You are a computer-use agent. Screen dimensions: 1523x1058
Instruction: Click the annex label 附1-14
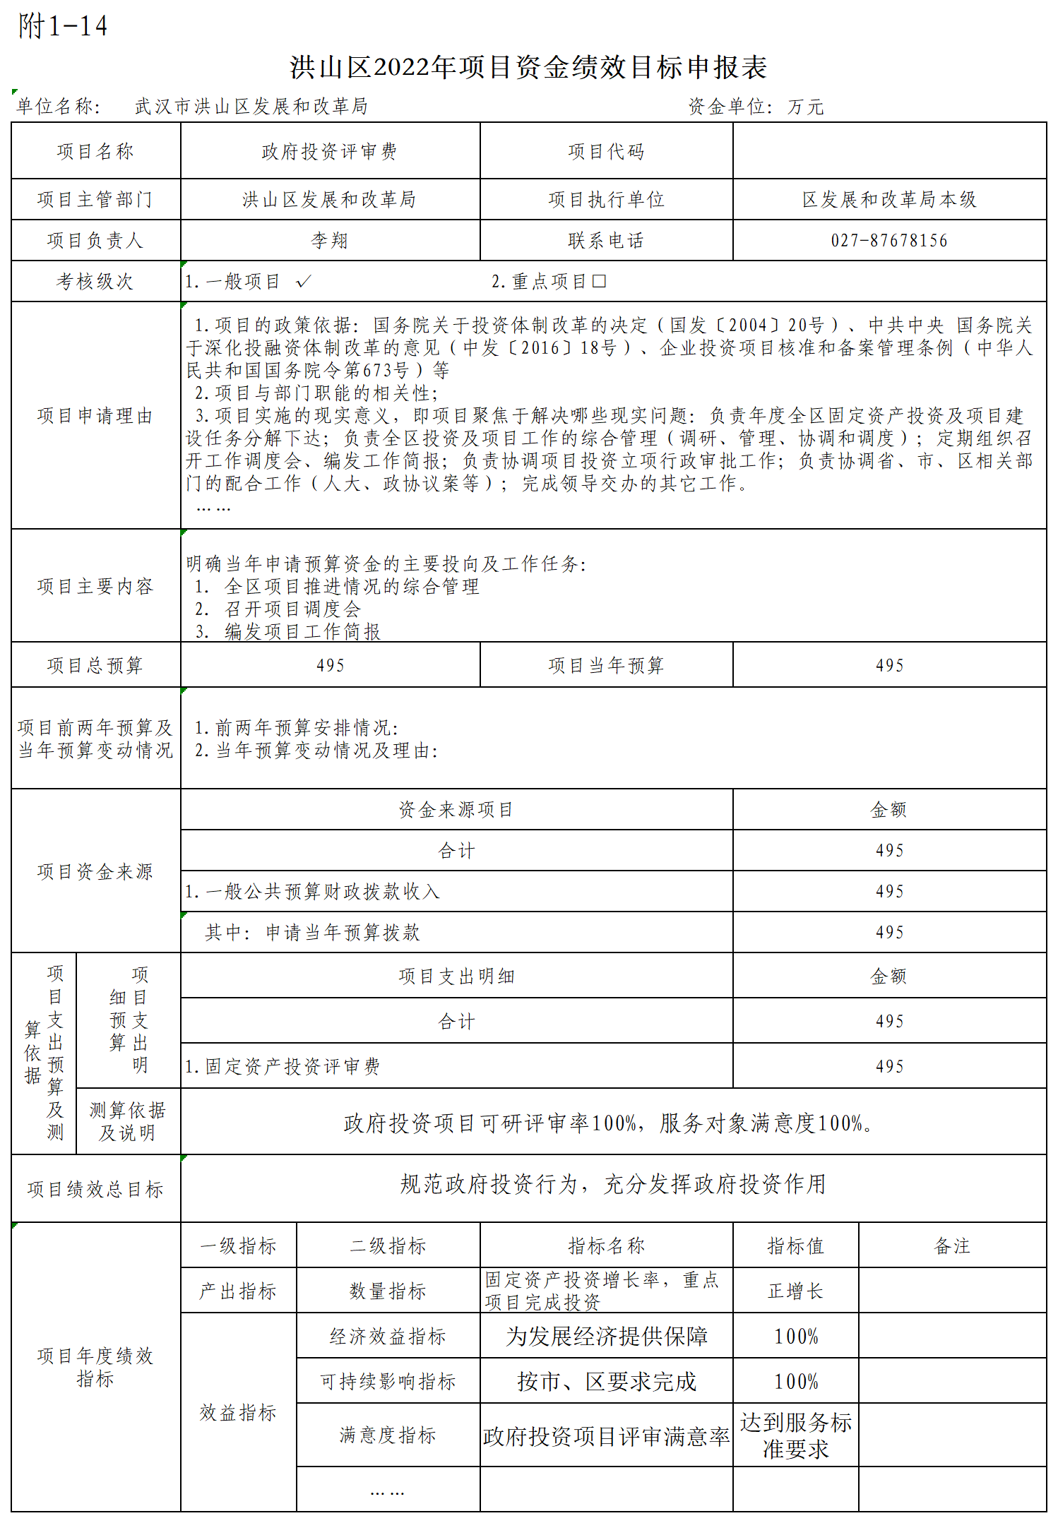(63, 27)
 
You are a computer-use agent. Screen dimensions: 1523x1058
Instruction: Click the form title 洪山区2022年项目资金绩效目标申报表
(528, 68)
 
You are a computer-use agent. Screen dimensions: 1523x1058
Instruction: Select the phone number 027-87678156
(889, 241)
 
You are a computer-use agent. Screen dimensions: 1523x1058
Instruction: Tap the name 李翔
(330, 241)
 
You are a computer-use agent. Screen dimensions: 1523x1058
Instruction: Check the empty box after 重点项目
(599, 282)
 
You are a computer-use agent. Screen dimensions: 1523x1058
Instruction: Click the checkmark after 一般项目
(304, 282)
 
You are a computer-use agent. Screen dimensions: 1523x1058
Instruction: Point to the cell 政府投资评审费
(330, 152)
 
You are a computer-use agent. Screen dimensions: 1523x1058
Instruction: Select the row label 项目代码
(606, 152)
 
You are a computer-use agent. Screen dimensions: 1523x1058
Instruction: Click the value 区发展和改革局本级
(889, 200)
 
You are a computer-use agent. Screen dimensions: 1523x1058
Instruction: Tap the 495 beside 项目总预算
(330, 665)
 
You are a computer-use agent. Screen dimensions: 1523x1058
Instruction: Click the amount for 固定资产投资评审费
(889, 1066)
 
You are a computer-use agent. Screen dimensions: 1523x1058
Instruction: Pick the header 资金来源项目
(456, 810)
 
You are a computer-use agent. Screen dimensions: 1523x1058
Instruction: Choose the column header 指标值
(795, 1246)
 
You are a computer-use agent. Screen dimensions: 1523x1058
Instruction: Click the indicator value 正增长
(795, 1291)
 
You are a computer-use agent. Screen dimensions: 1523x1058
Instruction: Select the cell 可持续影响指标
(388, 1381)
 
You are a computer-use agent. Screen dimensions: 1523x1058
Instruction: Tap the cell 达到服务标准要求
(795, 1436)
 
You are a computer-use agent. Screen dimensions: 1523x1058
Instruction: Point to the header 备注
(952, 1246)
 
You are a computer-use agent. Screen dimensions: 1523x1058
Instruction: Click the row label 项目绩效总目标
(95, 1190)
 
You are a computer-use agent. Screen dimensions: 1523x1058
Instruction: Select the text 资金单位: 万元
(756, 107)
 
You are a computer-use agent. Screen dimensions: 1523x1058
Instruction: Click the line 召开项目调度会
(292, 609)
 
